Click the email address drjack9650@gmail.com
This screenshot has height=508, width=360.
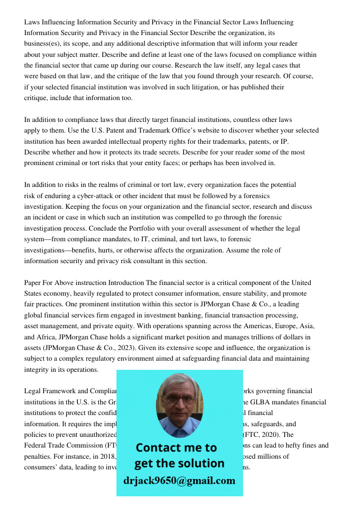tap(179, 481)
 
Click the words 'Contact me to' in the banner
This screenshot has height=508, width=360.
tap(176, 448)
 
